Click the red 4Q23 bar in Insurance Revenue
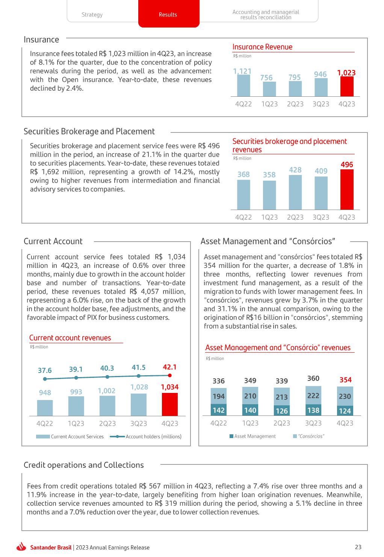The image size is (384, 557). (346, 87)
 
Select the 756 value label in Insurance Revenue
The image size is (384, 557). (266, 78)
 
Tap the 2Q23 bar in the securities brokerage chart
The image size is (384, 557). (295, 192)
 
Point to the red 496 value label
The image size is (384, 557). (346, 165)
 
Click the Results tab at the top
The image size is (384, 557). (168, 15)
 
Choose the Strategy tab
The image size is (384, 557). (92, 15)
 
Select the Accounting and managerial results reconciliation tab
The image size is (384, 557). (266, 15)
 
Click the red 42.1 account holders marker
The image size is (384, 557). (169, 375)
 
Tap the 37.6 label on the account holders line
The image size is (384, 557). (45, 371)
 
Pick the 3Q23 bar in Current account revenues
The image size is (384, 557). (138, 405)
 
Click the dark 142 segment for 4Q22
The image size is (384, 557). (219, 410)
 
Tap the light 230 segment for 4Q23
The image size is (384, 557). (345, 396)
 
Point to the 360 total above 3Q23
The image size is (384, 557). (313, 379)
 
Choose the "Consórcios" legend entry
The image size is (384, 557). (310, 436)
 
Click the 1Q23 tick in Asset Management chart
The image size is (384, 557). (250, 423)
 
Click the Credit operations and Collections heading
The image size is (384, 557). (83, 465)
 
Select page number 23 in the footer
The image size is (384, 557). (358, 547)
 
